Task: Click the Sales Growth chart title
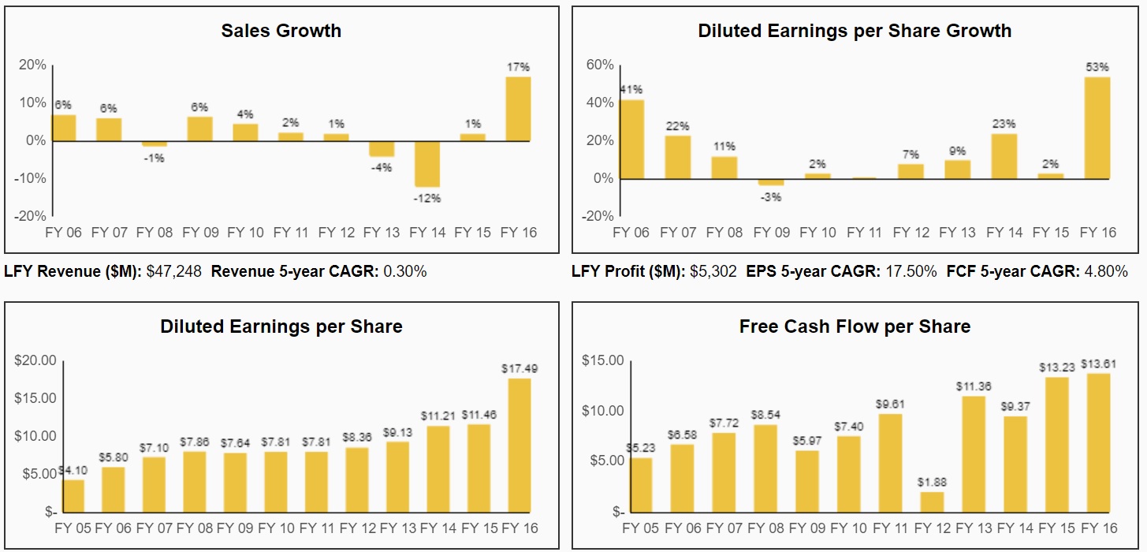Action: (281, 31)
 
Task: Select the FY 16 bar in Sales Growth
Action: (518, 109)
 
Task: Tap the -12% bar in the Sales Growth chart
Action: (428, 164)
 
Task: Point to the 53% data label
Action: (1097, 67)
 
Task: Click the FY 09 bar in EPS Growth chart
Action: (771, 182)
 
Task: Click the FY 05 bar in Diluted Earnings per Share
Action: (73, 495)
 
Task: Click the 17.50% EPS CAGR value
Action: (910, 272)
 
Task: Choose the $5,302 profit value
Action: (713, 272)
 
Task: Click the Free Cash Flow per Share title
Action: (855, 326)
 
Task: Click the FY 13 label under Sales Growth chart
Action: (382, 233)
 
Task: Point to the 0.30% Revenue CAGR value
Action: (404, 272)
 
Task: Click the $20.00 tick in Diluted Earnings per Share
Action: (35, 360)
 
